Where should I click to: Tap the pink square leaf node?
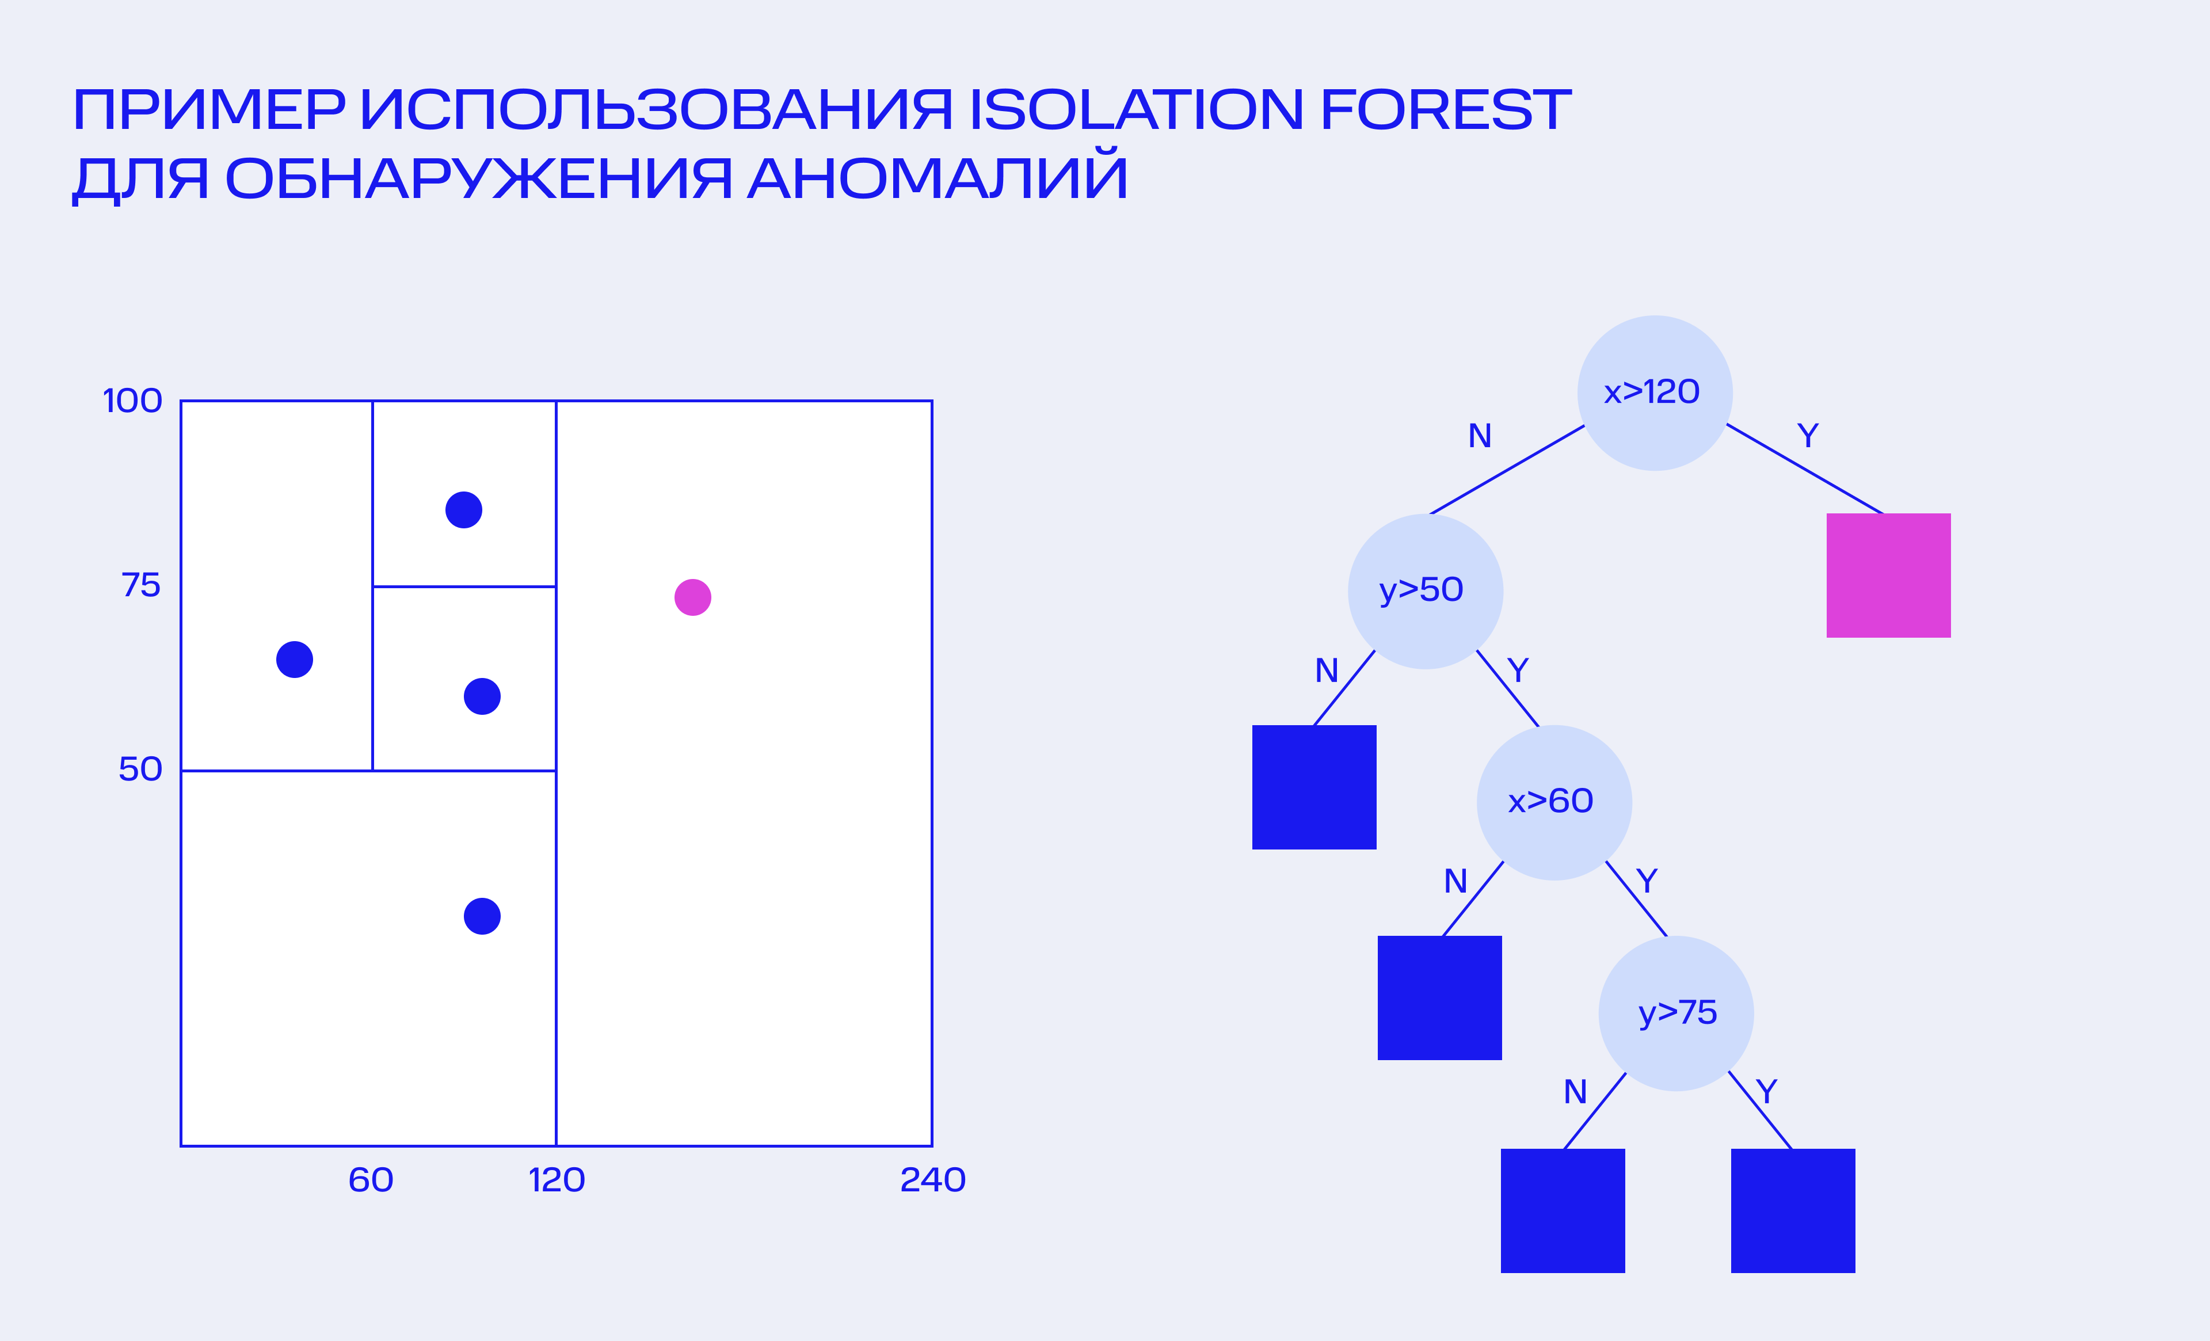click(1889, 575)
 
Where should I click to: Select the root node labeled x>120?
click(1655, 393)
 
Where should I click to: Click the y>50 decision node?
click(1425, 591)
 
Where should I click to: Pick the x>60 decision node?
click(1554, 802)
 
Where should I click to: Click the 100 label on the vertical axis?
click(133, 401)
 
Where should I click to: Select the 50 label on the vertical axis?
click(141, 769)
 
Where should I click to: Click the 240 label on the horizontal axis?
click(933, 1179)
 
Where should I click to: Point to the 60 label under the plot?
click(371, 1179)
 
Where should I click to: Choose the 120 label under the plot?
click(557, 1179)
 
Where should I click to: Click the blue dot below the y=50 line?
click(482, 916)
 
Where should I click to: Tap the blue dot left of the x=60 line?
click(294, 660)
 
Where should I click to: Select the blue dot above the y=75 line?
click(464, 509)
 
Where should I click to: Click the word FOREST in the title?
click(1446, 109)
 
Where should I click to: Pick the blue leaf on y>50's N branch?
click(1314, 787)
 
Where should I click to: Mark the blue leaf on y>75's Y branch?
click(1793, 1210)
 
